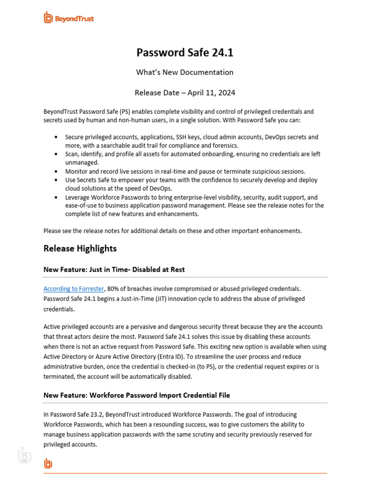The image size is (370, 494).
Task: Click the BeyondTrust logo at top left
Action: tap(68, 18)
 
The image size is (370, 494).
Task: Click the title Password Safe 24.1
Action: tap(185, 53)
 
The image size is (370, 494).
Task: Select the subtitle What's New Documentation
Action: tap(185, 72)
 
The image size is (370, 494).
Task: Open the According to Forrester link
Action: tap(74, 288)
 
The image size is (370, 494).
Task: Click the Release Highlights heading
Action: tap(80, 248)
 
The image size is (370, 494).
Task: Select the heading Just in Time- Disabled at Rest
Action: tap(114, 270)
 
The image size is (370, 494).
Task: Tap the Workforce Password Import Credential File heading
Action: tap(137, 395)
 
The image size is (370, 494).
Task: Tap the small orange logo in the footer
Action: tap(48, 464)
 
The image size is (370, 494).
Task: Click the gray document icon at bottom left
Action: tap(24, 455)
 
